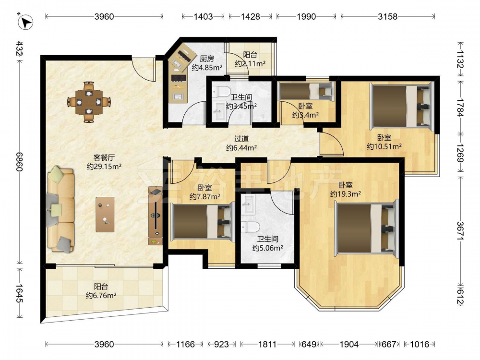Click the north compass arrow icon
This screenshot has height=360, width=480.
point(26,22)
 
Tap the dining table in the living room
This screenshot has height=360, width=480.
point(89,102)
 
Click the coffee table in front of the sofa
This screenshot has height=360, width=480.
point(105,214)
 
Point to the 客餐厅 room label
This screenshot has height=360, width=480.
point(104,157)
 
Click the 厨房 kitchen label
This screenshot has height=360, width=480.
point(207,59)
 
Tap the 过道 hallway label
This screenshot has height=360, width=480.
point(241,139)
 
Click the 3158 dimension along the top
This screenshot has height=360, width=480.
point(387,16)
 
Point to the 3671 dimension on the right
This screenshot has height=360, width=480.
point(461,230)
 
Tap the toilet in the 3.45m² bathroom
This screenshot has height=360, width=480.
point(221,91)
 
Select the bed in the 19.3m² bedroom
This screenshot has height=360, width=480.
point(366,228)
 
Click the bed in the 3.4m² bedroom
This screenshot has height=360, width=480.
point(306,90)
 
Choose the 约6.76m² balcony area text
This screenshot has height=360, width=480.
point(101,296)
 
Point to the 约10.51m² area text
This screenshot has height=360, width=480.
point(384,146)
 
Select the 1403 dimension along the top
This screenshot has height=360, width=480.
point(203,16)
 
